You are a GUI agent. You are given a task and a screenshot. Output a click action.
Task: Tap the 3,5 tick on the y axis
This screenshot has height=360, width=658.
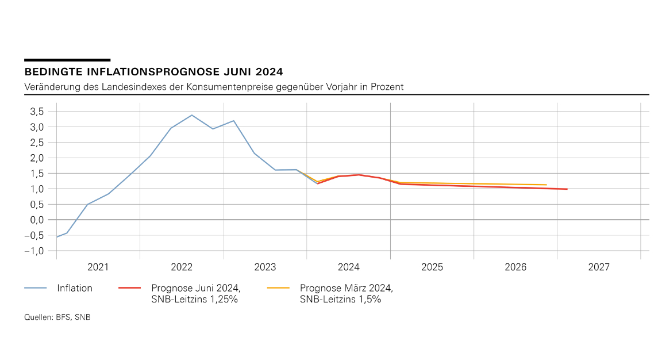point(37,111)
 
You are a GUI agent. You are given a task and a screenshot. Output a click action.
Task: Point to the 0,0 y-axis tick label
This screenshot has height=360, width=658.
point(37,220)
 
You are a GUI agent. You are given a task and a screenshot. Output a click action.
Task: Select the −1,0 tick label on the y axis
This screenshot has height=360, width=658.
point(34,251)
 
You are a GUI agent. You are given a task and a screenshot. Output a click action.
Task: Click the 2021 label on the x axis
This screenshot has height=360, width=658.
point(98,267)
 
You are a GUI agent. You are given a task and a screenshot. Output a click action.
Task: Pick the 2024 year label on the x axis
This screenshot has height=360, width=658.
point(349,267)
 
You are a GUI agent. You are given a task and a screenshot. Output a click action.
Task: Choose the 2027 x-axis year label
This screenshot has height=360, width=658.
point(599,267)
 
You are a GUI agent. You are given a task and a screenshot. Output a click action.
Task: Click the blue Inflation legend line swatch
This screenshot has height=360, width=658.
point(35,288)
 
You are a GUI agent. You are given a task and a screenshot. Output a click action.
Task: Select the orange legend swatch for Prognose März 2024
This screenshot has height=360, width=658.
point(279,288)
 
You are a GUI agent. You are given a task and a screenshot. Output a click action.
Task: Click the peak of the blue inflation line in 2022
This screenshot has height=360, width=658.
point(192,115)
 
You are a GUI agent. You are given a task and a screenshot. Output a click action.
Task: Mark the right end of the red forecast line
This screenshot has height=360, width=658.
point(567,189)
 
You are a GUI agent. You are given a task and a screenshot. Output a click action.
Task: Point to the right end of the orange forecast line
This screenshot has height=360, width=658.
point(546,185)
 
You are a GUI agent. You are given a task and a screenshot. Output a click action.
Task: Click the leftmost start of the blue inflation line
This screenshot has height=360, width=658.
point(56,237)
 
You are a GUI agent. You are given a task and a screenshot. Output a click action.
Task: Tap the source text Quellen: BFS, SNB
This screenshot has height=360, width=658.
point(57,317)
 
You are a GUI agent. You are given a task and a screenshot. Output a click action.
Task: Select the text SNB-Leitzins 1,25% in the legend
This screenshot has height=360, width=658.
point(195,299)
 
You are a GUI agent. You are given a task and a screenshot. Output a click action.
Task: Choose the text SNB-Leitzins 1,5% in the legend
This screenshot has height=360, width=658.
point(340,299)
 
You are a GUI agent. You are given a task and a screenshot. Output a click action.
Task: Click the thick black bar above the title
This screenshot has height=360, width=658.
point(67,60)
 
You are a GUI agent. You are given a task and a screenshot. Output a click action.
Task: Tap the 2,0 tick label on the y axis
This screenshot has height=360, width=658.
point(37,158)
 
